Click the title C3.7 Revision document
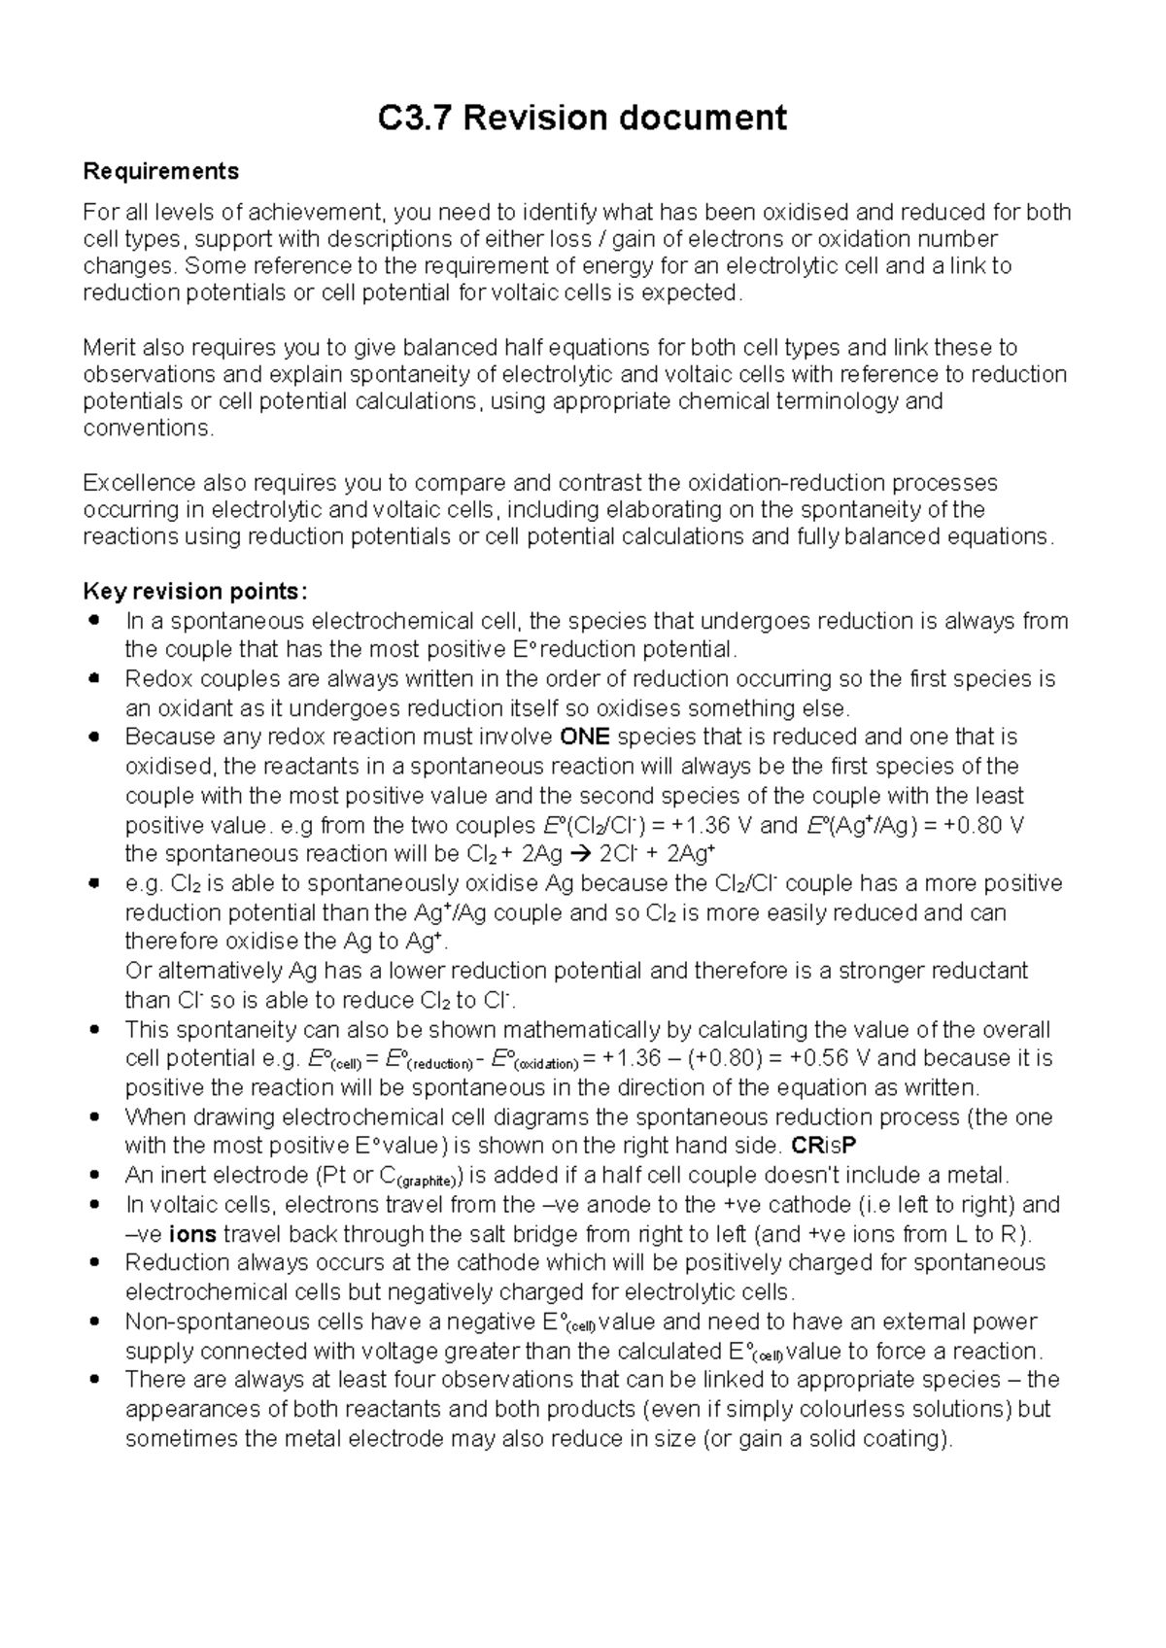582,119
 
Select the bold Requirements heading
160,172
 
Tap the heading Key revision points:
195,592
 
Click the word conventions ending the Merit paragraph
146,429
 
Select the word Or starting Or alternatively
137,972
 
